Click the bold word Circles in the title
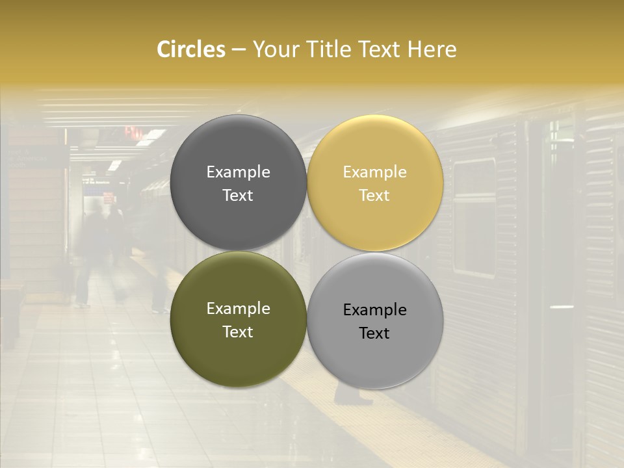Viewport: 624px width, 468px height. tap(191, 49)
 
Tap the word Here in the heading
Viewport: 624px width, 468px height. tap(432, 49)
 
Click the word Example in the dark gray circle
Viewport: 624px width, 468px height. tap(238, 172)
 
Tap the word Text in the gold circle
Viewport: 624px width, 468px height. tap(374, 196)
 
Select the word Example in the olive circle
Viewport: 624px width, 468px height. tap(238, 309)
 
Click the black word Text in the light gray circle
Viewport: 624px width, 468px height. tap(374, 333)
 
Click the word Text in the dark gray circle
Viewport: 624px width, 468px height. tap(238, 196)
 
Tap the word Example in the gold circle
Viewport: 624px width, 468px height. tap(374, 172)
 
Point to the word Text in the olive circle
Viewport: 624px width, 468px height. tap(238, 332)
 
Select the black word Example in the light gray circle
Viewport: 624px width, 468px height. tap(374, 310)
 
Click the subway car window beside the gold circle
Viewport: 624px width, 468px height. tap(474, 218)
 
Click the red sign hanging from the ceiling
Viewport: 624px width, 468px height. tap(133, 131)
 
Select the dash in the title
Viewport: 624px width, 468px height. tap(239, 50)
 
